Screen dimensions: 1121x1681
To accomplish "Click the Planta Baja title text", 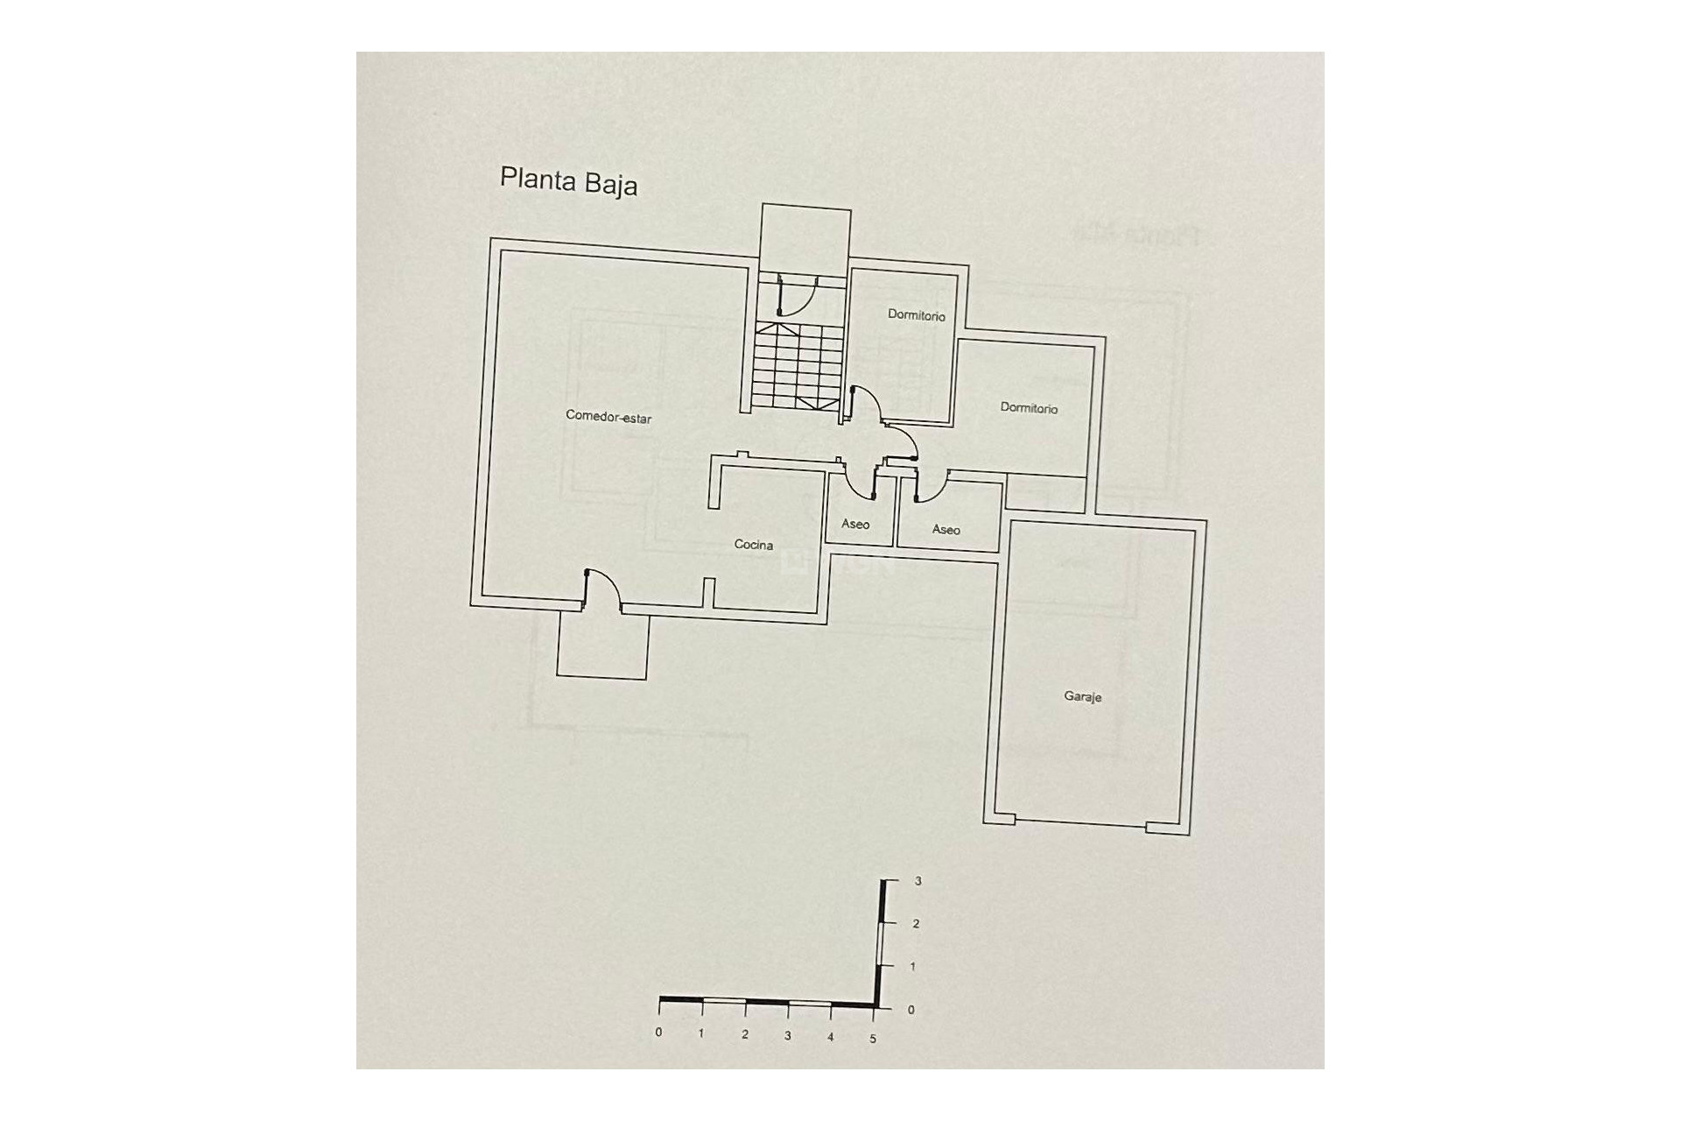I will click(x=568, y=181).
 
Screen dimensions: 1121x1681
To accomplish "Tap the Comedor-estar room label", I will click(x=608, y=417).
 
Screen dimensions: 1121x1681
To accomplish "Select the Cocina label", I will click(x=753, y=545).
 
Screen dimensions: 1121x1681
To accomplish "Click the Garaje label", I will click(x=1082, y=696).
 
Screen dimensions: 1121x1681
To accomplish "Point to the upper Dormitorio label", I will click(x=916, y=314).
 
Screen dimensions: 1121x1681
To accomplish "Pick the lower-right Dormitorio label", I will click(x=1029, y=408).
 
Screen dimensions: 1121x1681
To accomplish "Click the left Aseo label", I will click(x=855, y=524).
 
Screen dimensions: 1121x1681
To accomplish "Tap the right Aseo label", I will click(x=946, y=529).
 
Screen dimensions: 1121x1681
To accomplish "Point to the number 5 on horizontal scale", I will click(x=872, y=1039).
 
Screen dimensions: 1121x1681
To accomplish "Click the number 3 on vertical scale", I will click(x=918, y=881).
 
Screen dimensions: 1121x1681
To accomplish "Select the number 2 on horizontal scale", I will click(x=745, y=1034).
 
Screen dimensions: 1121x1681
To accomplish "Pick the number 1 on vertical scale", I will click(x=913, y=967).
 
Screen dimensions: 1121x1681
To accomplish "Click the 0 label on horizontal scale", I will click(x=658, y=1033).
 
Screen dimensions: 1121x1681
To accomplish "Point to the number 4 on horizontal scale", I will click(x=830, y=1037).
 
